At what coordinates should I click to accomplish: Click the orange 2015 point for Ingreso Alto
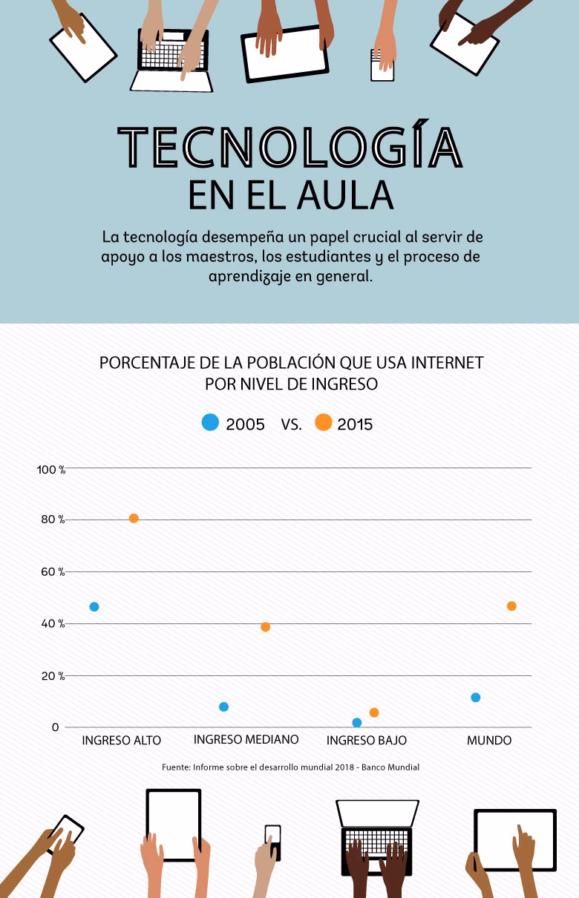(x=134, y=518)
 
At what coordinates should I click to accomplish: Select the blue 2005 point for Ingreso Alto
(x=94, y=606)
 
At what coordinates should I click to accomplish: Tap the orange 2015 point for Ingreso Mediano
(x=265, y=627)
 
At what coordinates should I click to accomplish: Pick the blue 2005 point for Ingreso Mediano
(x=223, y=707)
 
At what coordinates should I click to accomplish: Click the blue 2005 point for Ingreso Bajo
(x=357, y=723)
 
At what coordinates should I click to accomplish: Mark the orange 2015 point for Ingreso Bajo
(x=374, y=712)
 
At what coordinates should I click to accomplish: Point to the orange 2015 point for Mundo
(x=511, y=606)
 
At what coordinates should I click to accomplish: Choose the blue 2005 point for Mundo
(x=476, y=698)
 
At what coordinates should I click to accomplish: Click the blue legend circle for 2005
(x=211, y=423)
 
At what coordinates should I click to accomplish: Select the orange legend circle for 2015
(x=324, y=423)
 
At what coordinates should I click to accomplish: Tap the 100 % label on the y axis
(x=51, y=469)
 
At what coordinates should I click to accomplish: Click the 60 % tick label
(x=53, y=572)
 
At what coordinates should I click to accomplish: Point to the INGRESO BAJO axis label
(x=367, y=741)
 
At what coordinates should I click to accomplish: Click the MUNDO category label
(x=489, y=741)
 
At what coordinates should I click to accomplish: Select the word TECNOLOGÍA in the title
(x=290, y=147)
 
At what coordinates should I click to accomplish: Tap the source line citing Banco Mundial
(x=290, y=767)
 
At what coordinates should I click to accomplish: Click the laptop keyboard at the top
(x=171, y=56)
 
